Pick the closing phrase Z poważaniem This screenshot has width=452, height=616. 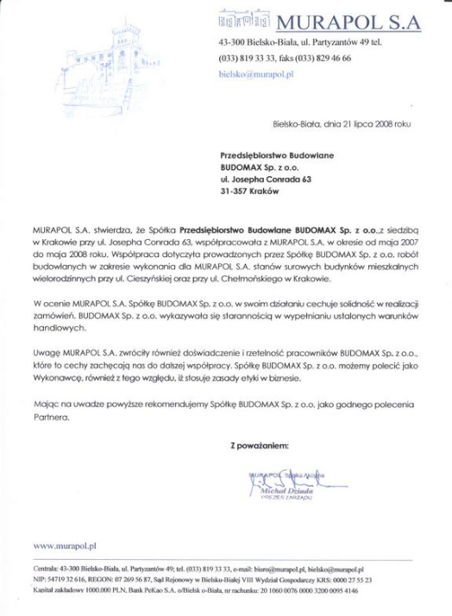pos(260,445)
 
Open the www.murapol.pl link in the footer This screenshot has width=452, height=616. pos(65,546)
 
